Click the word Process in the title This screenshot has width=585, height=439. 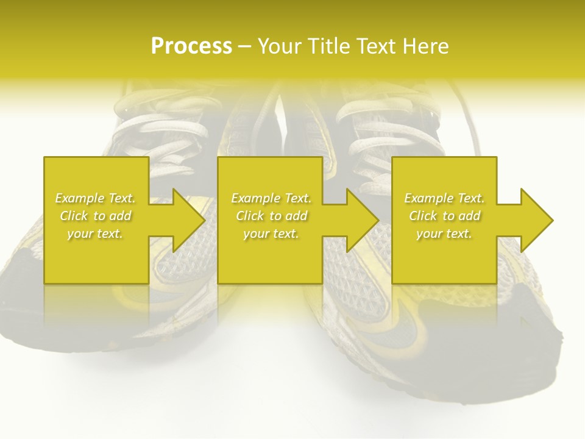[x=191, y=46]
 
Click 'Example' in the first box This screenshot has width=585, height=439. [x=80, y=198]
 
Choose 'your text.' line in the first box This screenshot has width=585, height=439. [x=95, y=234]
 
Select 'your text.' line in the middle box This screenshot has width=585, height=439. [x=271, y=234]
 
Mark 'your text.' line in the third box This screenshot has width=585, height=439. [x=444, y=234]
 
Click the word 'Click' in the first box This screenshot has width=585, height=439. [x=74, y=216]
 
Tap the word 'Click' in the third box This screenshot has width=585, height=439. [x=423, y=216]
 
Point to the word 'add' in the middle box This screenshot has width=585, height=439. [x=296, y=216]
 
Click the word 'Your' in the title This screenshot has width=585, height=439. [x=278, y=46]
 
